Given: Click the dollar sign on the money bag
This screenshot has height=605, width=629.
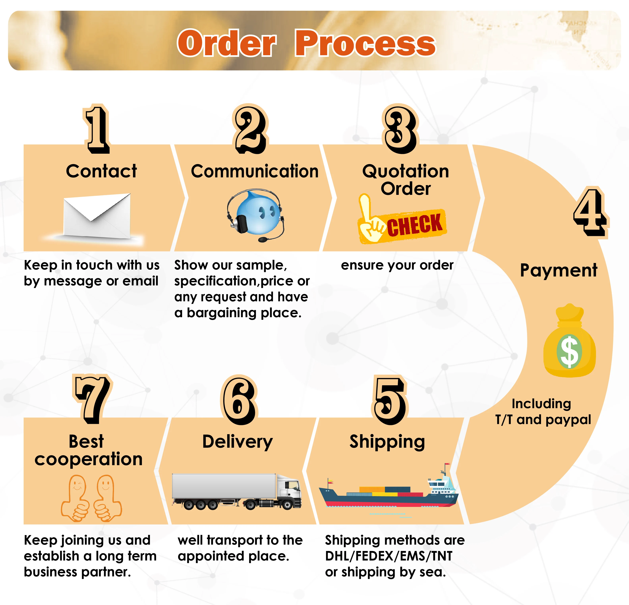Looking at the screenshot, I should click(569, 351).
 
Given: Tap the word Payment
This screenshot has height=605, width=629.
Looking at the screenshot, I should click(558, 270).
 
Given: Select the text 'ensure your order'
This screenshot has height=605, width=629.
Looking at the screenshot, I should click(397, 265).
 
